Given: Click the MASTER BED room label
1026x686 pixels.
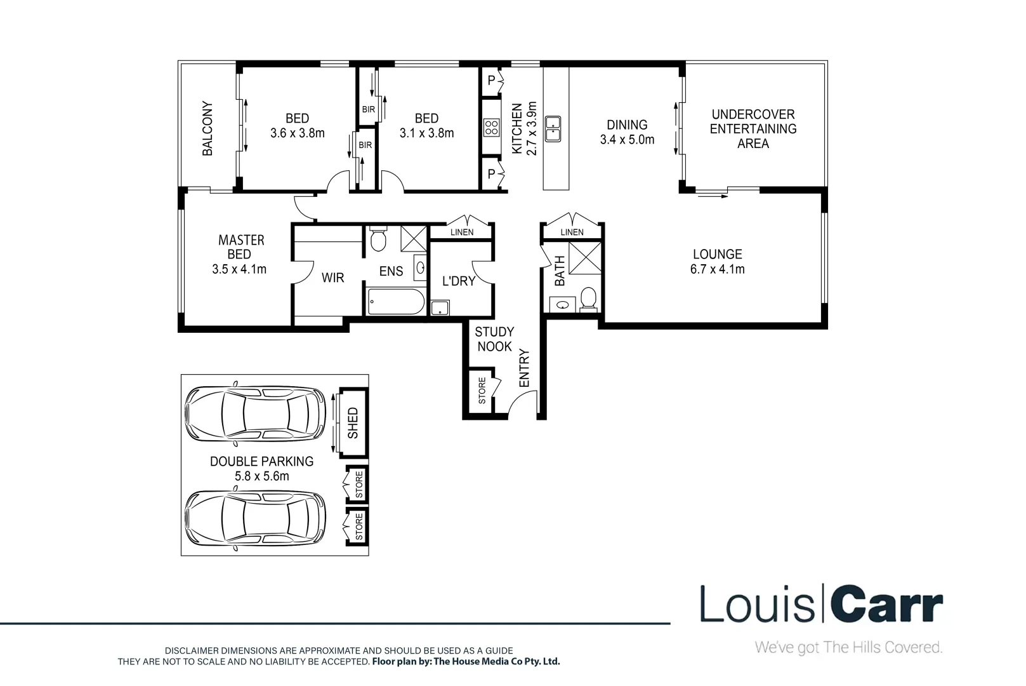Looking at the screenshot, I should pyautogui.click(x=240, y=247).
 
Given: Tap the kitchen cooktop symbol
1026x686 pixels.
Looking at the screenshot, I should pyautogui.click(x=491, y=128).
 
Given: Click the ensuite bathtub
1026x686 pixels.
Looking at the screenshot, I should pyautogui.click(x=395, y=302).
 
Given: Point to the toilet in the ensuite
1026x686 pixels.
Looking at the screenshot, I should pyautogui.click(x=378, y=239).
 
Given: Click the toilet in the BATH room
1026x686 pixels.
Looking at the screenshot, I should pyautogui.click(x=588, y=299).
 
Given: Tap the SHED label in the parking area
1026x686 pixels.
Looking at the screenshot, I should pyautogui.click(x=353, y=423).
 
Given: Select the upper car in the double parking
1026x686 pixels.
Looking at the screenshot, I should pyautogui.click(x=256, y=415).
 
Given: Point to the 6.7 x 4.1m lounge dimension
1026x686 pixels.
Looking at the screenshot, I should pyautogui.click(x=717, y=269).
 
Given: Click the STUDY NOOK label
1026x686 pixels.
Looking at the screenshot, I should pyautogui.click(x=494, y=339).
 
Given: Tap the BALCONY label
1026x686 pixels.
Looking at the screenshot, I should pyautogui.click(x=207, y=128).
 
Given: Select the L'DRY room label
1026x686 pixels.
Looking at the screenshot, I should pyautogui.click(x=458, y=281).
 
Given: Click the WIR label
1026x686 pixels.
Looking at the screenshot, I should pyautogui.click(x=332, y=278).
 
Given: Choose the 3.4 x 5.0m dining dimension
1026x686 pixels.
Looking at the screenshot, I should pyautogui.click(x=627, y=140).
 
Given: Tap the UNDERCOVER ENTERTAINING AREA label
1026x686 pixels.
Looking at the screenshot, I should pyautogui.click(x=753, y=129).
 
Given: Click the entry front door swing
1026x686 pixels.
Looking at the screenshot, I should pyautogui.click(x=524, y=403).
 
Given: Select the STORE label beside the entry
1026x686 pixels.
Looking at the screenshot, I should pyautogui.click(x=482, y=391).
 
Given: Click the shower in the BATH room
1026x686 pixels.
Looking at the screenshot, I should pyautogui.click(x=584, y=257).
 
